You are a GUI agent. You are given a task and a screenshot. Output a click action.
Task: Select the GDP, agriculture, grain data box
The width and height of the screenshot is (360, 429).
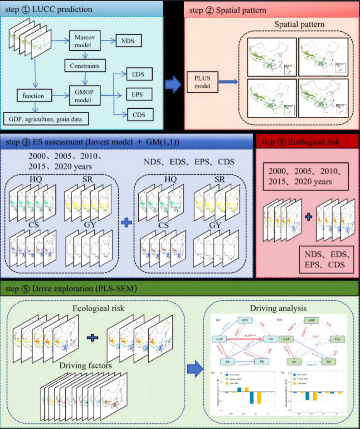pyautogui.click(x=45, y=119)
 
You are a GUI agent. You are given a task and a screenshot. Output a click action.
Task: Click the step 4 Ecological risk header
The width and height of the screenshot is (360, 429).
pyautogui.click(x=308, y=143)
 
